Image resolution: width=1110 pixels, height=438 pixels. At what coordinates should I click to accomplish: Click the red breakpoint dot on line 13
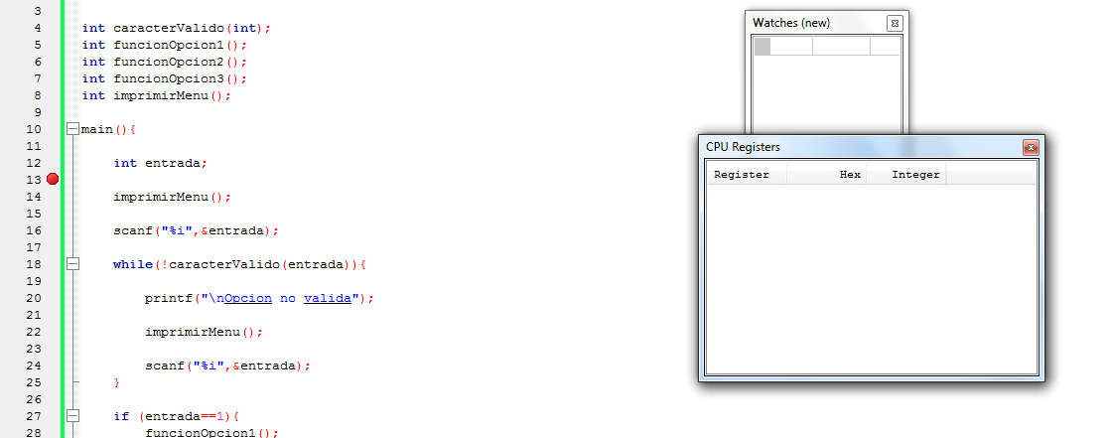53,179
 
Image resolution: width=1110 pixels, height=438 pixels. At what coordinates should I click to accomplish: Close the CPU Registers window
1031,147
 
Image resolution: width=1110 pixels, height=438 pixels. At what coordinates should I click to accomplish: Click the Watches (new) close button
894,23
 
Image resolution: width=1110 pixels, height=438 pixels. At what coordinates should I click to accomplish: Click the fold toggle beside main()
71,129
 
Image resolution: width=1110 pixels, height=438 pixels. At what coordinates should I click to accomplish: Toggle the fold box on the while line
71,264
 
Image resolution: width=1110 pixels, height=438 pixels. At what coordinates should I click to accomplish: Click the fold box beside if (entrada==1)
71,416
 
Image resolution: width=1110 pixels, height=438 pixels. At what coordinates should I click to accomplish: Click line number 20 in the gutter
34,298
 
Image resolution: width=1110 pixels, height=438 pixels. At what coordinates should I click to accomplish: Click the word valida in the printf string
328,298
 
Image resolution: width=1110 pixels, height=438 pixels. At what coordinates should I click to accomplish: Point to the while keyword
132,264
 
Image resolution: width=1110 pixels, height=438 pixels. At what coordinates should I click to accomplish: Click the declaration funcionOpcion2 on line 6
169,62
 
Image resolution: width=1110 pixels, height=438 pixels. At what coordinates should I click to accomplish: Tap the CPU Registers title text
743,147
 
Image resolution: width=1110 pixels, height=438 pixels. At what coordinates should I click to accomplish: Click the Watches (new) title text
791,23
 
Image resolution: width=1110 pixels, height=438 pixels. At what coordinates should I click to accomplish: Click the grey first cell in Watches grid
763,46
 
